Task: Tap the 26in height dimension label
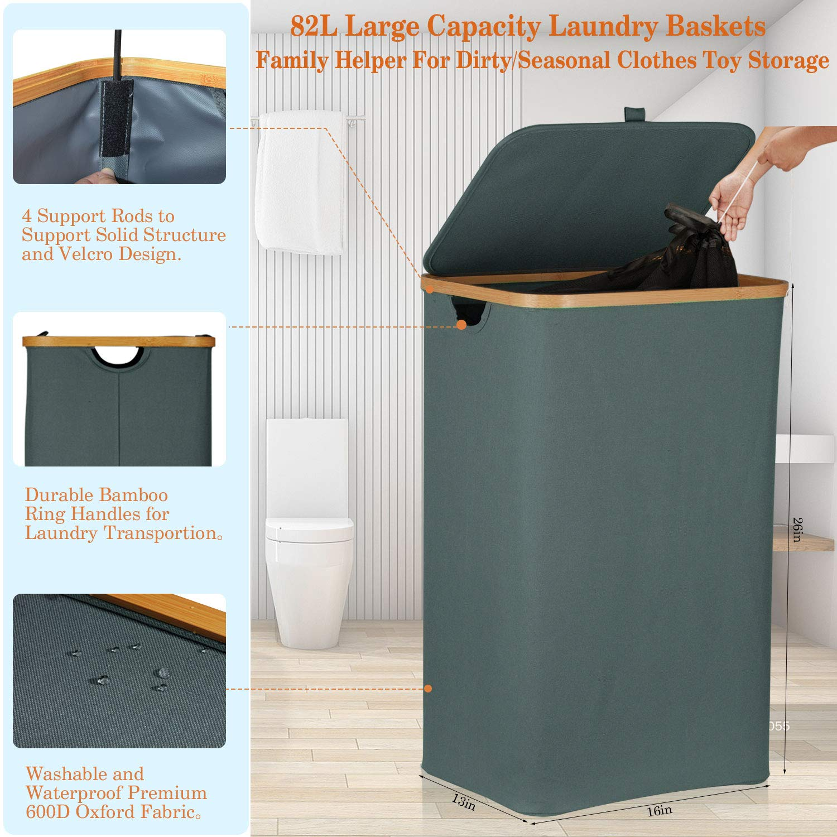tap(798, 530)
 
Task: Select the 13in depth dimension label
tap(463, 802)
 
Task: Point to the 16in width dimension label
tap(660, 810)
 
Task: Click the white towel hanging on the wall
tap(300, 182)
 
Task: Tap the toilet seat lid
tap(309, 528)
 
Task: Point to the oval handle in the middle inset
tap(118, 358)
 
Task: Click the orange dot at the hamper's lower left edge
tap(428, 689)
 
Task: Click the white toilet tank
tap(307, 469)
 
